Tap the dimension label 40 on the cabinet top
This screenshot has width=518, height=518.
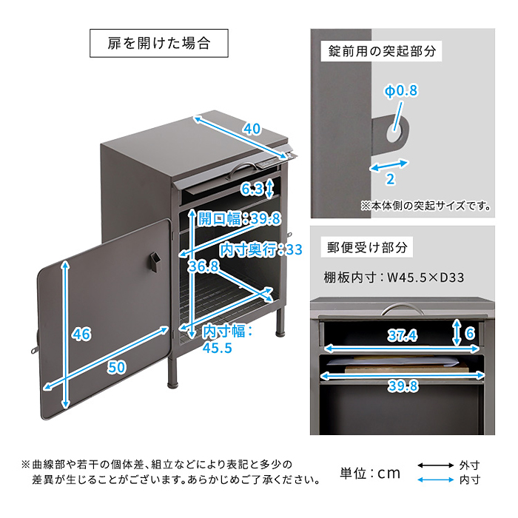pyautogui.click(x=252, y=129)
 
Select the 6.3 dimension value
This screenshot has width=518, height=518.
pyautogui.click(x=252, y=189)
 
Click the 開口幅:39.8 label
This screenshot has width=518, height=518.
pyautogui.click(x=238, y=218)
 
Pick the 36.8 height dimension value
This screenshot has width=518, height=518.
pyautogui.click(x=204, y=266)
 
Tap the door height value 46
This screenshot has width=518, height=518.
pyautogui.click(x=81, y=334)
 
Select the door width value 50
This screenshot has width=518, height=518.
pyautogui.click(x=116, y=368)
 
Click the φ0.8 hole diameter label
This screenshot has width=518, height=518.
pyautogui.click(x=400, y=91)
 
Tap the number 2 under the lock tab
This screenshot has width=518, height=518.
pyautogui.click(x=390, y=179)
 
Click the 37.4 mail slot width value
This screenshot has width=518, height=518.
pyautogui.click(x=403, y=336)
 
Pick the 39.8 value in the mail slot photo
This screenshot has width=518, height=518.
pyautogui.click(x=403, y=386)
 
